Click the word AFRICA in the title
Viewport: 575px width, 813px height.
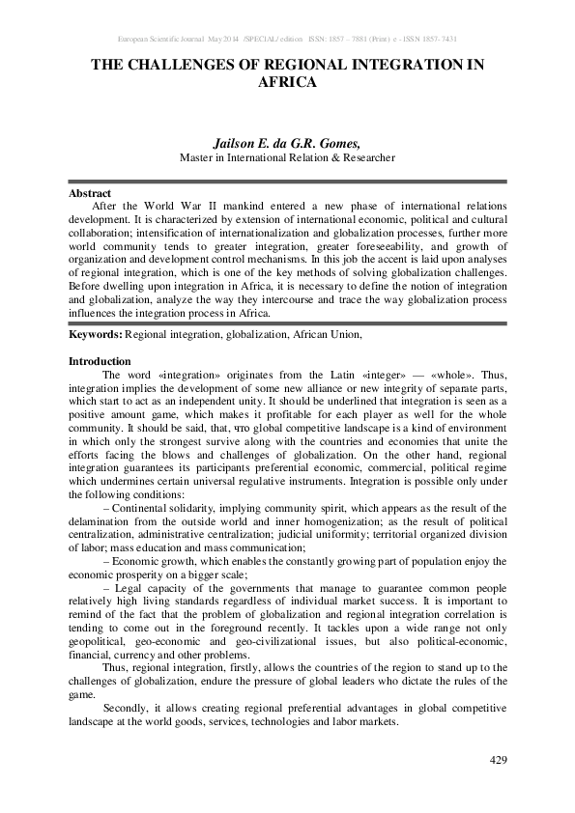click(287, 83)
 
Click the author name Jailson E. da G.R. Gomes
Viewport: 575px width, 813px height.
click(287, 140)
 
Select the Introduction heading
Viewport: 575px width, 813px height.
click(100, 361)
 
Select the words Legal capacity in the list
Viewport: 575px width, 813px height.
click(142, 588)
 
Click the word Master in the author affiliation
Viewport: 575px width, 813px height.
click(200, 156)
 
